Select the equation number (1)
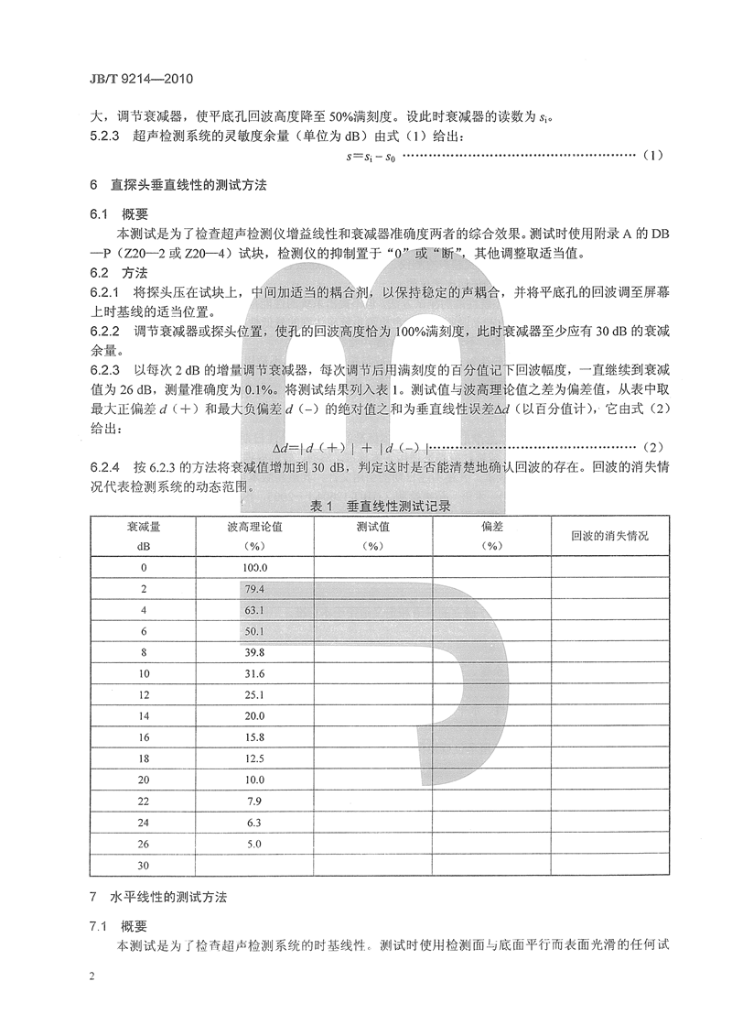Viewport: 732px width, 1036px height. coord(651,156)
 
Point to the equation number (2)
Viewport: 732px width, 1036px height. coord(651,446)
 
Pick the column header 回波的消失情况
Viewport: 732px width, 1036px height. coord(609,534)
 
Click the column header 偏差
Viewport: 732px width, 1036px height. coord(492,535)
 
